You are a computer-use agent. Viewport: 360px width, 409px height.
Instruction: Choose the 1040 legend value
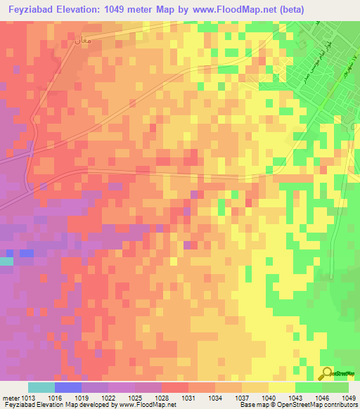pyautogui.click(x=268, y=397)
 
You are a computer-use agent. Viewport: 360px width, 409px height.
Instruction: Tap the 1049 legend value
pyautogui.click(x=347, y=397)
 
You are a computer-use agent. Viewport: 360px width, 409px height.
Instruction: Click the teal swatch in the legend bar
pyautogui.click(x=41, y=387)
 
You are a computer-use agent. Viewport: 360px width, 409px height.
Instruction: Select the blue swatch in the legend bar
pyautogui.click(x=68, y=387)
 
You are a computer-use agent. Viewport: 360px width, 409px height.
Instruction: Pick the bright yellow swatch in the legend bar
pyautogui.click(x=281, y=387)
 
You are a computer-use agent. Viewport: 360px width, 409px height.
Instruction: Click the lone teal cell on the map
pyautogui.click(x=6, y=261)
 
